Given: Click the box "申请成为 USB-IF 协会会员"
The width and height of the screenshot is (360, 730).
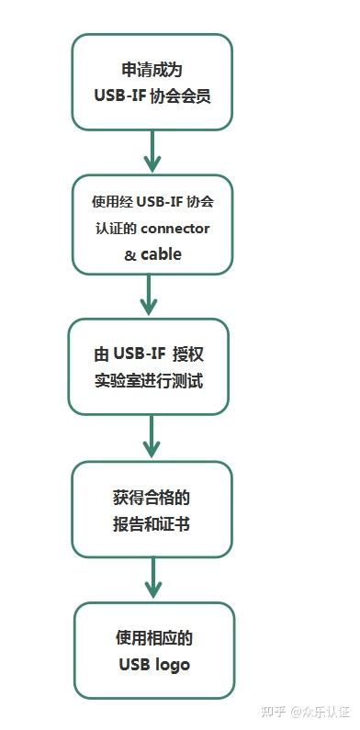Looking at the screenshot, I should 152,82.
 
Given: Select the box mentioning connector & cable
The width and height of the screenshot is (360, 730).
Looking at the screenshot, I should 152,225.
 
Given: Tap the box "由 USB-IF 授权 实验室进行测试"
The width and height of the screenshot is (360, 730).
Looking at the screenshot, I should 148,366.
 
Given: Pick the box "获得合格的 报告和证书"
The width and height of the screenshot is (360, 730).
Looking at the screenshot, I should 152,510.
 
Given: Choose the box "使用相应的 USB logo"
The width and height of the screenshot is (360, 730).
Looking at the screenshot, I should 153,650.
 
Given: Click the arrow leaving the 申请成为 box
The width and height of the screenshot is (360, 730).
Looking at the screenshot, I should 152,151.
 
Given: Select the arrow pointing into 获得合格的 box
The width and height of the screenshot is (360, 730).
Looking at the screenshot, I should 152,438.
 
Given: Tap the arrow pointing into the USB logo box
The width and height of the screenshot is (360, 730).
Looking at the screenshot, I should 153,579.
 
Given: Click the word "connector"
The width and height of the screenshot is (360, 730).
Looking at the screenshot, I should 175,228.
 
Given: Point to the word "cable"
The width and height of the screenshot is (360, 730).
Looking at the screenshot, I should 161,254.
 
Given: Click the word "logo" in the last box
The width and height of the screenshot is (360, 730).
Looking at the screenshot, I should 173,664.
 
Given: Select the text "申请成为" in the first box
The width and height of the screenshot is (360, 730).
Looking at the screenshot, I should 152,69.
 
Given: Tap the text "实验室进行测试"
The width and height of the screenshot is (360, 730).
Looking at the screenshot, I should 148,380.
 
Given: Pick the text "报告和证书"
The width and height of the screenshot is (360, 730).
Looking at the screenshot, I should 152,524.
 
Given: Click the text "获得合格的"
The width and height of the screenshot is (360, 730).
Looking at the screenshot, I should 152,497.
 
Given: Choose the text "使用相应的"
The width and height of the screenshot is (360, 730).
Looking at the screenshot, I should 153,637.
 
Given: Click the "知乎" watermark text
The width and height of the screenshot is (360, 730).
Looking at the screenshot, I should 273,711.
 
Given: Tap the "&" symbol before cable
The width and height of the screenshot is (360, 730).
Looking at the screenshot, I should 129,255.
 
